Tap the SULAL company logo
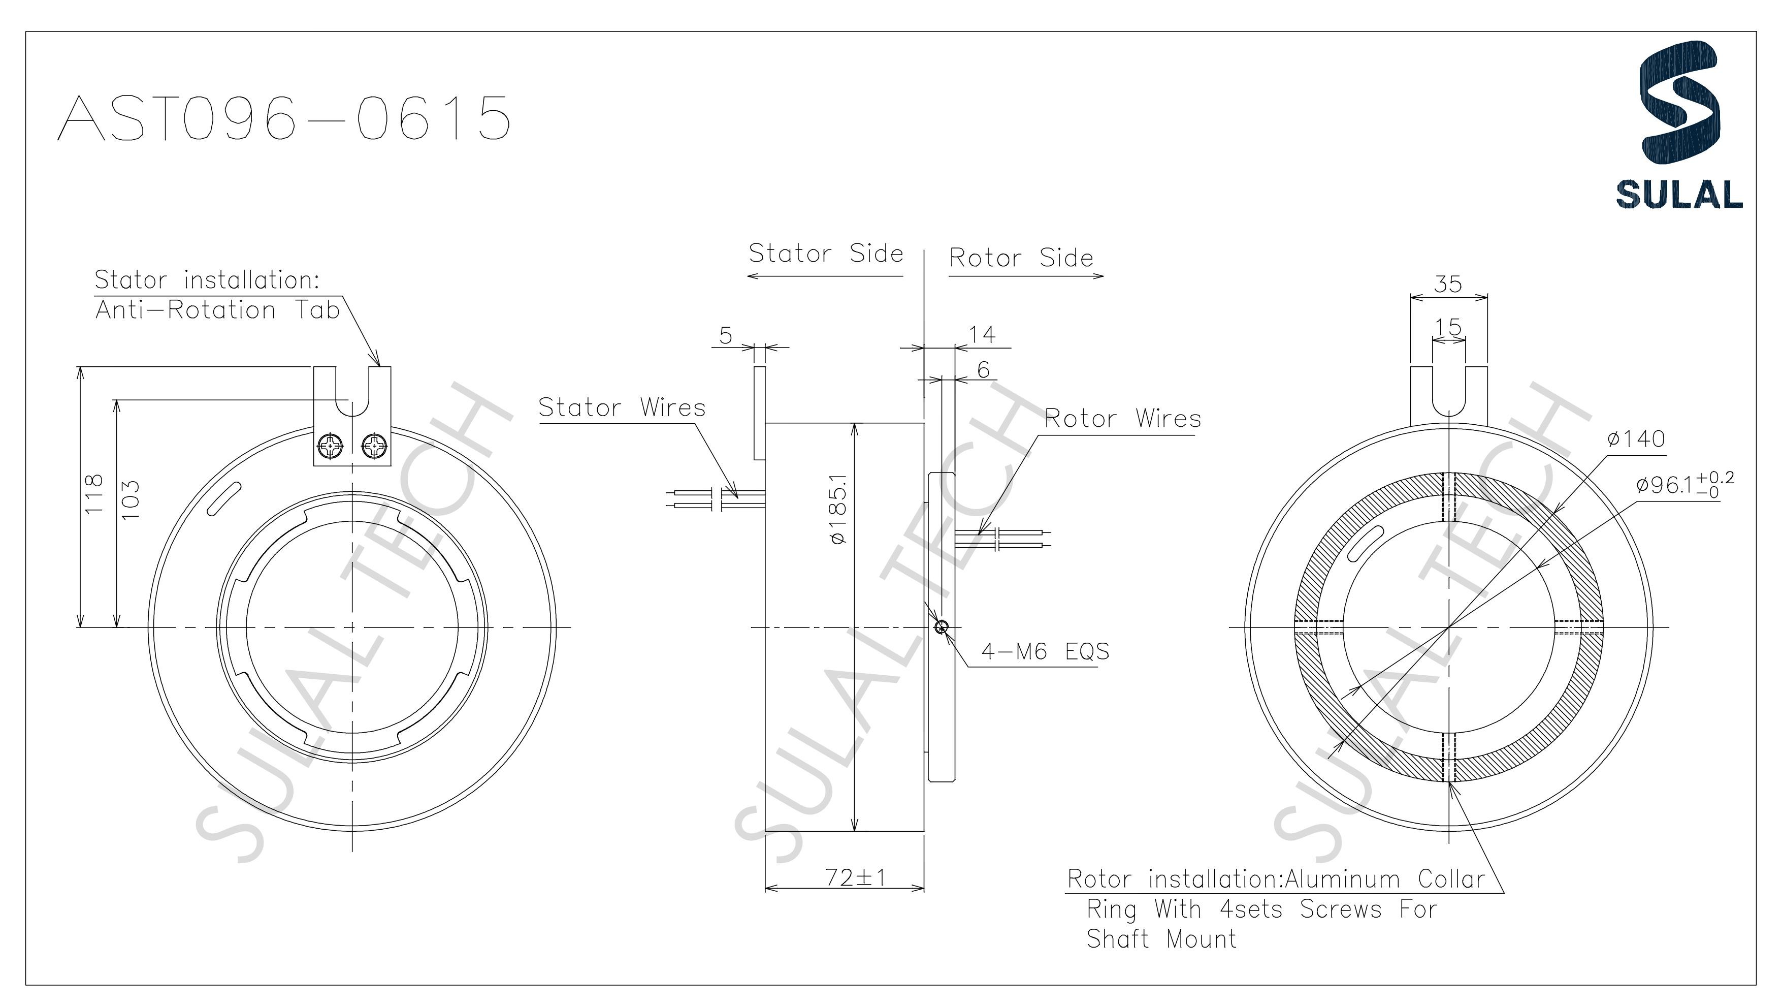[x=1679, y=124]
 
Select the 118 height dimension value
[x=93, y=493]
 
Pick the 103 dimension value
[x=130, y=499]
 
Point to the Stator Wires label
[x=622, y=407]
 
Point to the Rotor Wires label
[x=1122, y=419]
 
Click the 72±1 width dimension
[x=855, y=877]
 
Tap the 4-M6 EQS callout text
[x=1045, y=651]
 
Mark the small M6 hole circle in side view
[x=941, y=627]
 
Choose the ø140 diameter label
[x=1636, y=438]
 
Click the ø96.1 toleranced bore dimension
[x=1684, y=484]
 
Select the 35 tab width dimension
[x=1448, y=284]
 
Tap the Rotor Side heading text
[x=1021, y=258]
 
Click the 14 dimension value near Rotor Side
[x=982, y=335]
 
